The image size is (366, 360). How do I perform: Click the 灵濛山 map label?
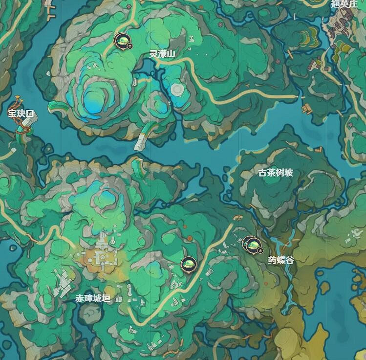click(x=162, y=54)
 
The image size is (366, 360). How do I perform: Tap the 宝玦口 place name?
click(x=21, y=113)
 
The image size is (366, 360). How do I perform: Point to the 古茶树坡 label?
click(x=276, y=173)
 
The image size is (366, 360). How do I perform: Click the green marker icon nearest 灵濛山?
click(x=122, y=40)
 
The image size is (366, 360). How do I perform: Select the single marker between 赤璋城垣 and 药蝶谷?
click(x=188, y=264)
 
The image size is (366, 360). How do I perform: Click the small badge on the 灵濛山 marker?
click(x=130, y=45)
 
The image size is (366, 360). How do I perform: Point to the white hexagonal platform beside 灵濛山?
click(x=177, y=89)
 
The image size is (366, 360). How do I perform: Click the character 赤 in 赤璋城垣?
click(x=79, y=298)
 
